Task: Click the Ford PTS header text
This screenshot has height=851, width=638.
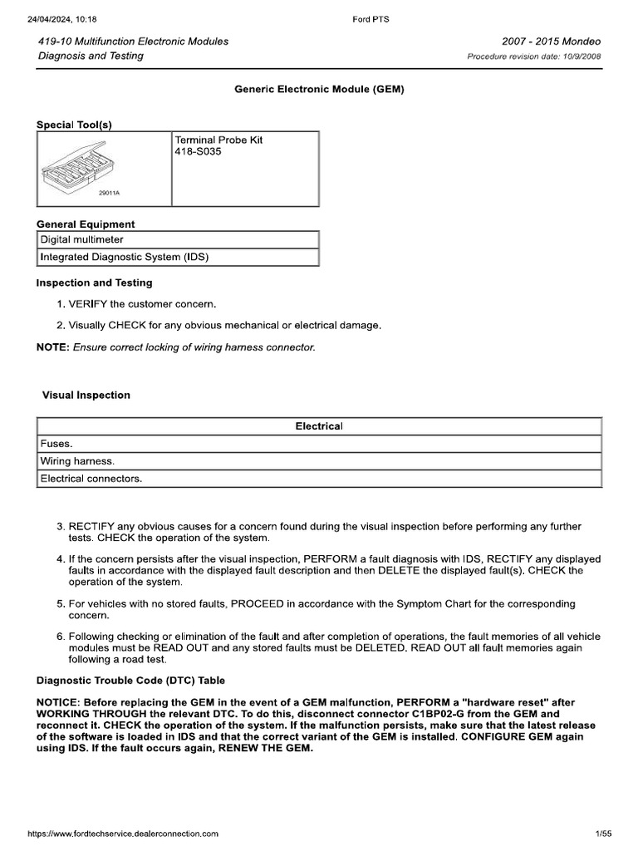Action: coord(371,19)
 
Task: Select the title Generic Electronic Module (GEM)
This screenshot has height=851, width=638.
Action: coord(319,89)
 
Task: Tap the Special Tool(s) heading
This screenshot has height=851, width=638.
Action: coord(74,125)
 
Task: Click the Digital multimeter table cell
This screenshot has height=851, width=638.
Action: coord(82,239)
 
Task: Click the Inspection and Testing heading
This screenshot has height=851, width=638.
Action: coord(94,283)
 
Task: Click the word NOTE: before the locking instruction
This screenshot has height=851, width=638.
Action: coord(53,347)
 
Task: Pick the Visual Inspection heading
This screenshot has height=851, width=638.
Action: coord(86,395)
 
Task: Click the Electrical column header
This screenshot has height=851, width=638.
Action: coord(319,426)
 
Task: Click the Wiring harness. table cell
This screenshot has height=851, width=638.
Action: coord(77,460)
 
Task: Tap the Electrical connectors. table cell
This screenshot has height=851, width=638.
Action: coord(91,479)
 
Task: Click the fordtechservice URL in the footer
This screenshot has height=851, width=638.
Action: coord(123,833)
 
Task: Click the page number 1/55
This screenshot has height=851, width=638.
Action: coord(603,833)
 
